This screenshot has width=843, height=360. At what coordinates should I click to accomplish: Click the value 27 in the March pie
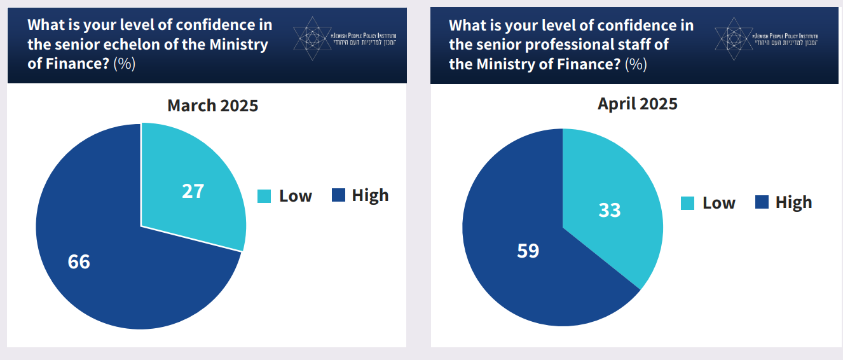click(193, 191)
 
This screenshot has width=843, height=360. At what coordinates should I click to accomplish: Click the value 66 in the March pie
click(79, 261)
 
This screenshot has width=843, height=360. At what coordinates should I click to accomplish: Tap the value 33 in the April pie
click(610, 210)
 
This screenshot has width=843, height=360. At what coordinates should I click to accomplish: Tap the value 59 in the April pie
click(528, 251)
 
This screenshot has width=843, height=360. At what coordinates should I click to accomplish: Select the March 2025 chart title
click(213, 106)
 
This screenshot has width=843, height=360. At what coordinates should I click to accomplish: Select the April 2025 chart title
click(638, 104)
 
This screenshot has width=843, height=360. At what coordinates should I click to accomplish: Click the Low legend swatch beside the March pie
click(264, 196)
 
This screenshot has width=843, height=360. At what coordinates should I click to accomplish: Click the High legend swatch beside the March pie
click(339, 195)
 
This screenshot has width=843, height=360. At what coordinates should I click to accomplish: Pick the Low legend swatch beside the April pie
click(688, 203)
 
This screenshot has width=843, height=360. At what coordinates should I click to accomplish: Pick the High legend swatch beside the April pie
click(762, 202)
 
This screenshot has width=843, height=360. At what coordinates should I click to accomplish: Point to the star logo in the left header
click(311, 39)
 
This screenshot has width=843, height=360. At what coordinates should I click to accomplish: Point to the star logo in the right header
click(732, 39)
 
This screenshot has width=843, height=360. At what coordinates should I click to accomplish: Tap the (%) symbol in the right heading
click(636, 64)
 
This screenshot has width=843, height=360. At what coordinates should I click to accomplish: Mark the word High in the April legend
click(793, 202)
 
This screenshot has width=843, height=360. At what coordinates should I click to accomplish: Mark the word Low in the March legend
click(296, 196)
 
